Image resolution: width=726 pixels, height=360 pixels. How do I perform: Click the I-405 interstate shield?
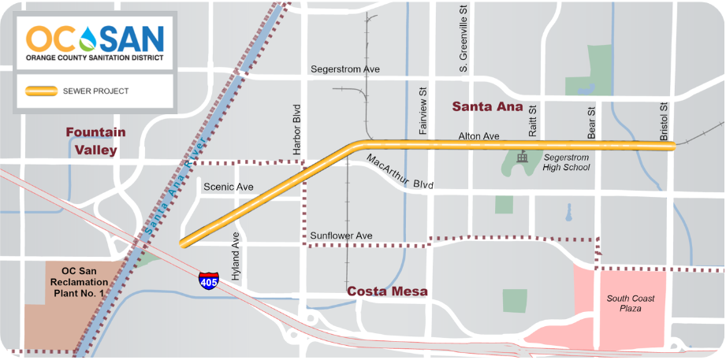(208, 280)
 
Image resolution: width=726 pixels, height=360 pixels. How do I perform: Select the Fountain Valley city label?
(91, 141)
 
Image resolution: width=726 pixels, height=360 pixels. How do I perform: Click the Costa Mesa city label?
(389, 291)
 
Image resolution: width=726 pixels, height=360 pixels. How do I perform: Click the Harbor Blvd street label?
(297, 128)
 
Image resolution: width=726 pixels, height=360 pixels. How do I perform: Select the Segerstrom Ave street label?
(345, 69)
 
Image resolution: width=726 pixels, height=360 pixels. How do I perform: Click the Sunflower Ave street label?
(341, 236)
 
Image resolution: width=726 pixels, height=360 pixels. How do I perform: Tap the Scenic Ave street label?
(229, 187)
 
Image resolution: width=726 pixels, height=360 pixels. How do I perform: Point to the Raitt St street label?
(532, 119)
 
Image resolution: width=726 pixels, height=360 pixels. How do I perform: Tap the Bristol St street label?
(664, 118)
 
